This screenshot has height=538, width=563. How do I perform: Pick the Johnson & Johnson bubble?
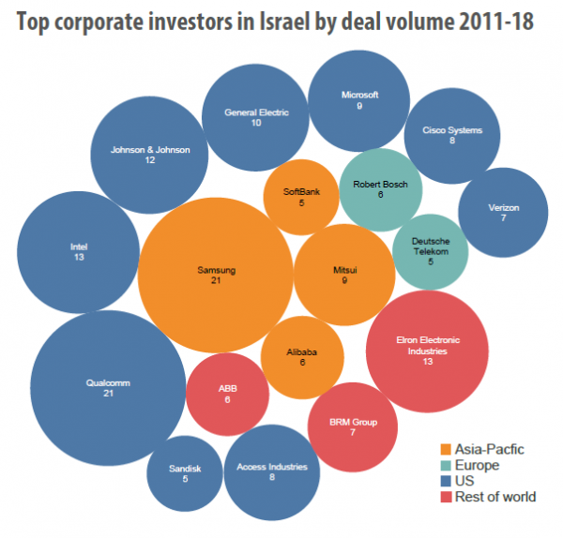click(150, 156)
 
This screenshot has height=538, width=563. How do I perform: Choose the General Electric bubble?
click(256, 118)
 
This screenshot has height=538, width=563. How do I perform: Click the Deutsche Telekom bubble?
click(430, 248)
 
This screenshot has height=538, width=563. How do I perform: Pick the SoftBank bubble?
click(301, 197)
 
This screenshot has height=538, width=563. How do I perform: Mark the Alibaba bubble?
click(302, 357)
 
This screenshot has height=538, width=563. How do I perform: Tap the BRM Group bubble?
click(354, 427)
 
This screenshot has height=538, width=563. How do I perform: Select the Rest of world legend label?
click(495, 497)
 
